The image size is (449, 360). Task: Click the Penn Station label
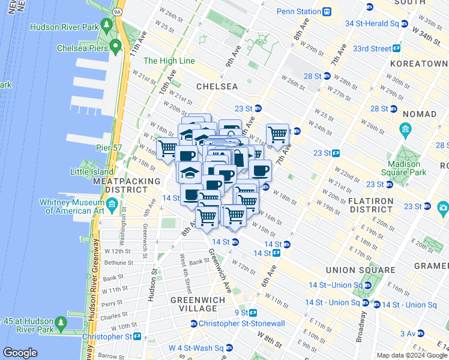299,11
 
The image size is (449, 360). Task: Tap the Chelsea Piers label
83,48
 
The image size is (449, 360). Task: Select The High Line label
169,61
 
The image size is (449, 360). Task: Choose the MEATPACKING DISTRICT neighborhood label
126,185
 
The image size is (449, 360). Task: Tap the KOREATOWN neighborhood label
418,64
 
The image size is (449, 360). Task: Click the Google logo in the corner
20,353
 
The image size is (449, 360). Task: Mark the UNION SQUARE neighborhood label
360,270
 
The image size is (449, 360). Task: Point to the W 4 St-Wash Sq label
196,348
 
